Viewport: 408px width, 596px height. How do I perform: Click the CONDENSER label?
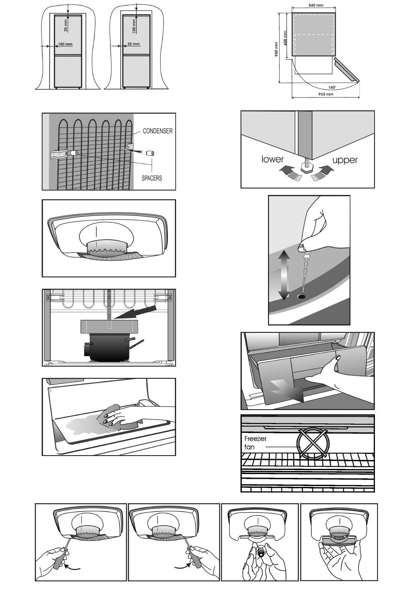click(158, 131)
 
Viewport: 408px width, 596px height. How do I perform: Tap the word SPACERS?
click(152, 178)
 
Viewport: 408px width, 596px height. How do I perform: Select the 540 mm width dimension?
click(316, 5)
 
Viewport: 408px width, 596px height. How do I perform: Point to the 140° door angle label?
click(332, 88)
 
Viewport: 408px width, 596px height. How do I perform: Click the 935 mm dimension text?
click(326, 94)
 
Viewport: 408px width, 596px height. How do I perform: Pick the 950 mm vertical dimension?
click(276, 49)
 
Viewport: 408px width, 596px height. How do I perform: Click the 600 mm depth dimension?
click(285, 38)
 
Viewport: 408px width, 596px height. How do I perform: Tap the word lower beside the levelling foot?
click(273, 159)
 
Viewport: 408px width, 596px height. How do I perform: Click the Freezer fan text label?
click(255, 443)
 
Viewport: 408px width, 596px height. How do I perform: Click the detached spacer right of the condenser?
click(150, 153)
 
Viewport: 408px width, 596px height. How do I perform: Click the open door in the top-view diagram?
click(347, 70)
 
